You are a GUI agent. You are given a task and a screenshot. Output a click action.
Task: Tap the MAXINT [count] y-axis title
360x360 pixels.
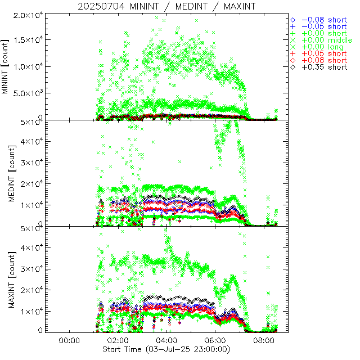click(6, 279)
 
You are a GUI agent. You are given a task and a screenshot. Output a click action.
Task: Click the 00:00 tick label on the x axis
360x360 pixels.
click(68, 340)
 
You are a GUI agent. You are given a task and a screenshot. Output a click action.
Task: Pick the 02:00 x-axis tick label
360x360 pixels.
click(117, 340)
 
